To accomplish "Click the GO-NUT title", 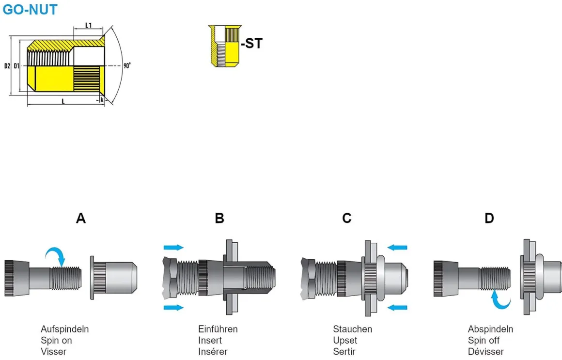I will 30,9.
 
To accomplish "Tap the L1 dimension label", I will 89,25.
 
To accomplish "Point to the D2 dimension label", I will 7,65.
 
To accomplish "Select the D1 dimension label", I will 16,65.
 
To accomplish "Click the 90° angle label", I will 127,65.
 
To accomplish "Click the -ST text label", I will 251,43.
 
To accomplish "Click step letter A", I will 81,219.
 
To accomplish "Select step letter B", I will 219,219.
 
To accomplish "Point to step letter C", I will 347,219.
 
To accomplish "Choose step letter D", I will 489,219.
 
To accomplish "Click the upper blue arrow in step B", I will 174,248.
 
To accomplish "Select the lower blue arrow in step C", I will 397,307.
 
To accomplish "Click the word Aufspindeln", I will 64,329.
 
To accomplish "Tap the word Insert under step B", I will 210,341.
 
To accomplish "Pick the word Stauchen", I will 353,329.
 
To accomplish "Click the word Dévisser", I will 485,352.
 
